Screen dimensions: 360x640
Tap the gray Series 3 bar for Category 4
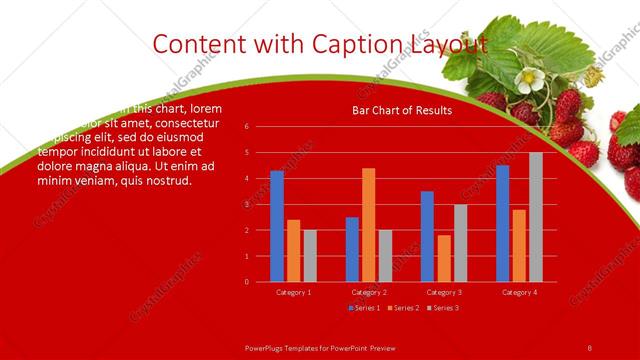tap(535, 217)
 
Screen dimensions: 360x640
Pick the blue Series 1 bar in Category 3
tap(427, 236)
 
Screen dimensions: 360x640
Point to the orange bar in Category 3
tap(443, 258)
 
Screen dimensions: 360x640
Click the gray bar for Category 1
tap(310, 256)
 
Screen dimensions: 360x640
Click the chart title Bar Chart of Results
tap(401, 110)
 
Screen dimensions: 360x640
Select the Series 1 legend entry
tap(363, 307)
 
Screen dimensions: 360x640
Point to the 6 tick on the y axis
tap(260, 127)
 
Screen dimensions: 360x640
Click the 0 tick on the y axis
tap(260, 282)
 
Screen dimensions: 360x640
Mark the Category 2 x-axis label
tap(369, 292)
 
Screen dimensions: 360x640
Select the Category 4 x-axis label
tap(518, 292)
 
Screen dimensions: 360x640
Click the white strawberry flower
tap(527, 78)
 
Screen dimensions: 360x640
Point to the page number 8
tap(590, 347)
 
